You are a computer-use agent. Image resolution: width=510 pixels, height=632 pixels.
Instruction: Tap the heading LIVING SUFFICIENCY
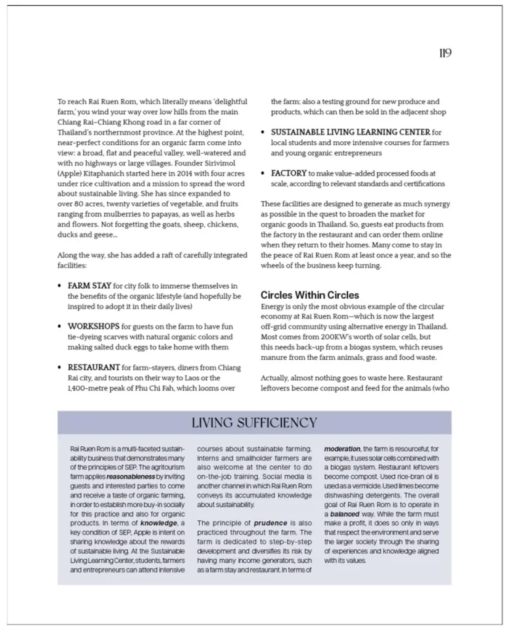(254, 423)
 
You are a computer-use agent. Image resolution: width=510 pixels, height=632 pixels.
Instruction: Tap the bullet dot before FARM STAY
(59, 286)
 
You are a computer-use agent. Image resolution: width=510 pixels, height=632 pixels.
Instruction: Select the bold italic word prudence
(270, 523)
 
